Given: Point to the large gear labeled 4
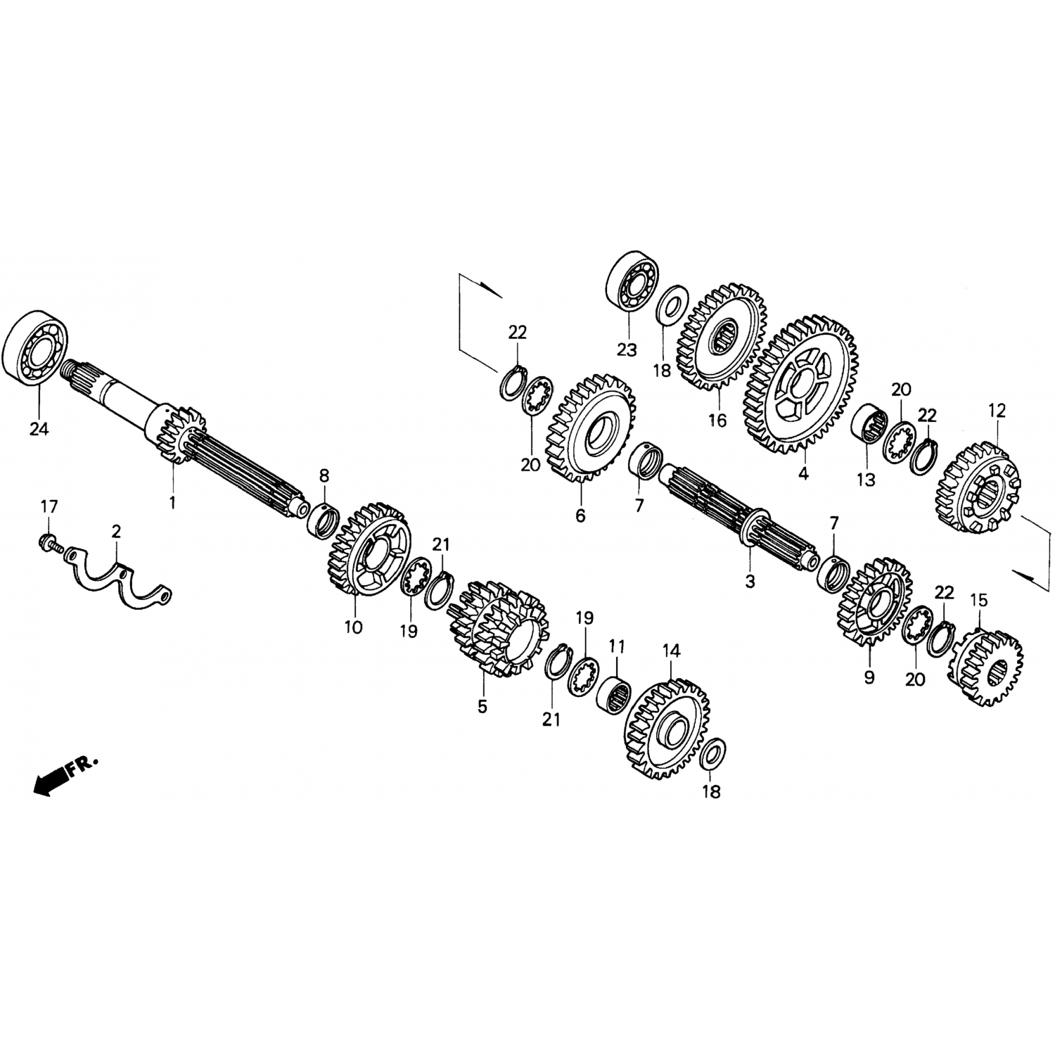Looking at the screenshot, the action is point(800,385).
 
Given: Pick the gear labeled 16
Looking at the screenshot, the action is point(722,338).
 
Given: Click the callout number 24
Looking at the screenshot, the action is point(39,428).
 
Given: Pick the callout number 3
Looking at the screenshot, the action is point(749,582).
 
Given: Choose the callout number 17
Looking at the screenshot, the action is point(49,506).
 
